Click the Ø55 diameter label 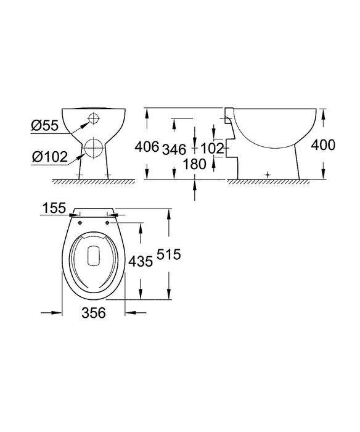[x=44, y=126]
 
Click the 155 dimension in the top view [x=55, y=210]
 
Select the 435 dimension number [x=141, y=262]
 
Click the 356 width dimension [x=94, y=313]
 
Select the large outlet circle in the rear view [x=94, y=147]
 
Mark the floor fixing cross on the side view [x=266, y=175]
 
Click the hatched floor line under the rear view [x=94, y=182]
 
